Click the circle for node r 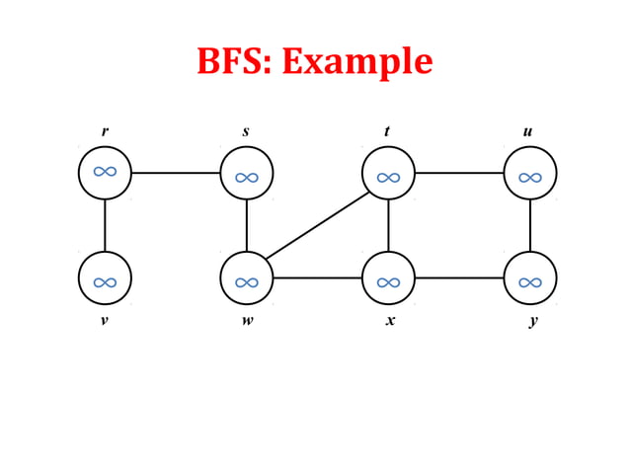(105, 173)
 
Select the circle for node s (247, 173)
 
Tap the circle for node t (388, 173)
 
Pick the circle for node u (530, 173)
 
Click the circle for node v (105, 277)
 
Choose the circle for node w (247, 277)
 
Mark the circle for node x (388, 277)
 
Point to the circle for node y (530, 277)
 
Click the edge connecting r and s (176, 173)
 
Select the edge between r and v (105, 225)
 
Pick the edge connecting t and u (459, 173)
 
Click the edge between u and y (530, 225)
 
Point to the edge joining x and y (459, 277)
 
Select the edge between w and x (318, 277)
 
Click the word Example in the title (357, 61)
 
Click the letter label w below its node (246, 321)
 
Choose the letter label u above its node (528, 131)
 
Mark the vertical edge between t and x (388, 225)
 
